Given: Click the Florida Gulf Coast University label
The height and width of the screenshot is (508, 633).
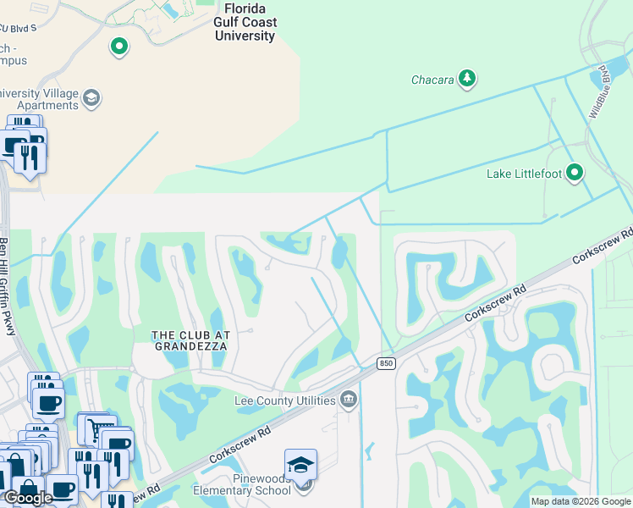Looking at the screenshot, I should coord(245,23).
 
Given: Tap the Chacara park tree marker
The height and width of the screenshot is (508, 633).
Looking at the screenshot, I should coord(466,80).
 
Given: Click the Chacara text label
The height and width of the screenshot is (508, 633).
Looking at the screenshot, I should coord(432,80).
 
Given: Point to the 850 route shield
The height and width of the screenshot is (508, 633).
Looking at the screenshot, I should coord(386,363).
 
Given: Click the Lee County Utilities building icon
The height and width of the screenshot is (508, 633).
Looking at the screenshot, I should coord(348,399).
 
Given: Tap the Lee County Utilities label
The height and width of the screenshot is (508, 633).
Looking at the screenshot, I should coord(286,399).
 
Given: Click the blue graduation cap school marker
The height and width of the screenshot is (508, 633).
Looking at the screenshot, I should coord(300,464).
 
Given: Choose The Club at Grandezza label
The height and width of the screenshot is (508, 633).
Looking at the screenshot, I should coord(191,341).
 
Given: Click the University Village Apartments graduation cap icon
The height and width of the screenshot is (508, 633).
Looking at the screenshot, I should coord(91,99).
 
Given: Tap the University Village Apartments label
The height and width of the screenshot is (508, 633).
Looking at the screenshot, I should coord(39,99).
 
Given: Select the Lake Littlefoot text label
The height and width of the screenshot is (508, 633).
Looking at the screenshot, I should coord(526,174).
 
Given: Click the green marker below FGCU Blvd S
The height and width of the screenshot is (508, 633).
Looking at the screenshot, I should coord(119,47).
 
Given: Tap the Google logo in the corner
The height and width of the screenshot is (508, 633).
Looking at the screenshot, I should coord(28,498).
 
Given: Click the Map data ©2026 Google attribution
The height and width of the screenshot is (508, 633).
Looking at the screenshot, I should coord(581,501).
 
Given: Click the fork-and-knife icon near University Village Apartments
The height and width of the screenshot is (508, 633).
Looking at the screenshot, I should coord(30,155).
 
